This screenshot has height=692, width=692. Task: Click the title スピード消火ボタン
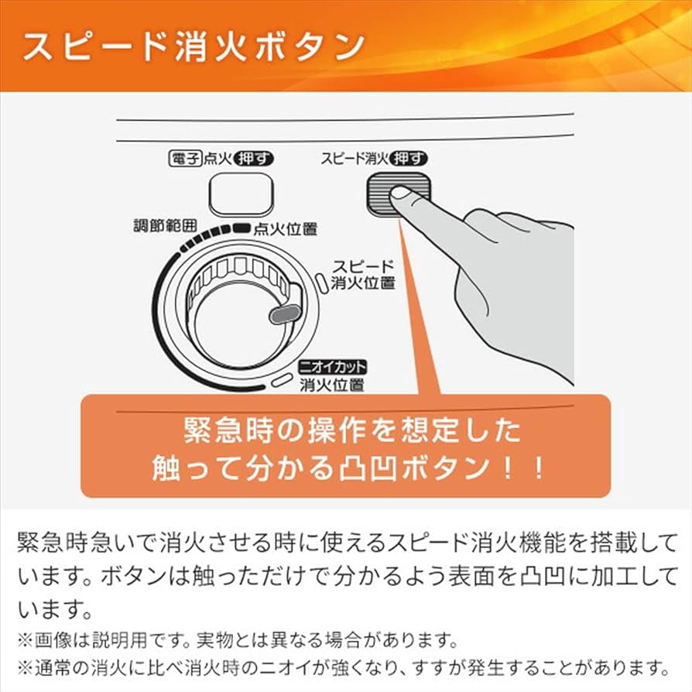[193, 46]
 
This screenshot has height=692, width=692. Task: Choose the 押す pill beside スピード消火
[409, 159]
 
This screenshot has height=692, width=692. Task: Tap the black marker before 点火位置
[241, 228]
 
